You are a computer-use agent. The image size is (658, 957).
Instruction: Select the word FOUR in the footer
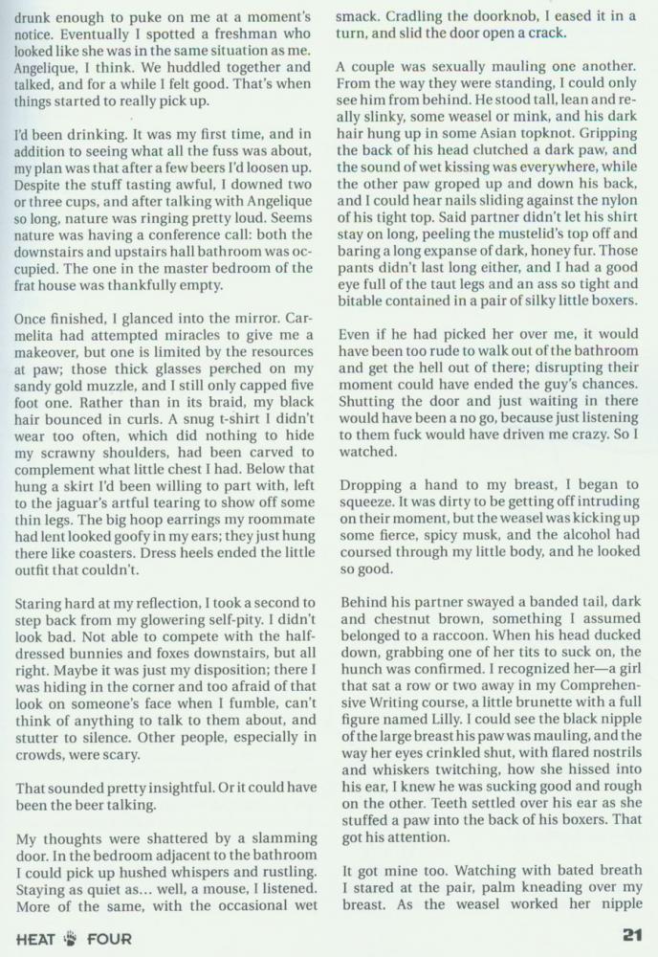coord(108,938)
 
